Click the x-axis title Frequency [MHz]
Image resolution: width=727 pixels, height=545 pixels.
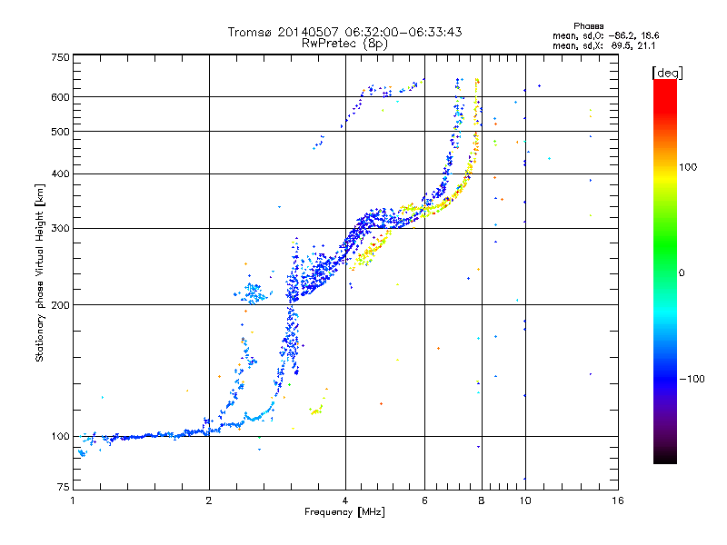coord(344,513)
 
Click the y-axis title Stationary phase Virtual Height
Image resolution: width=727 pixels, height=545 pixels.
coord(40,273)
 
